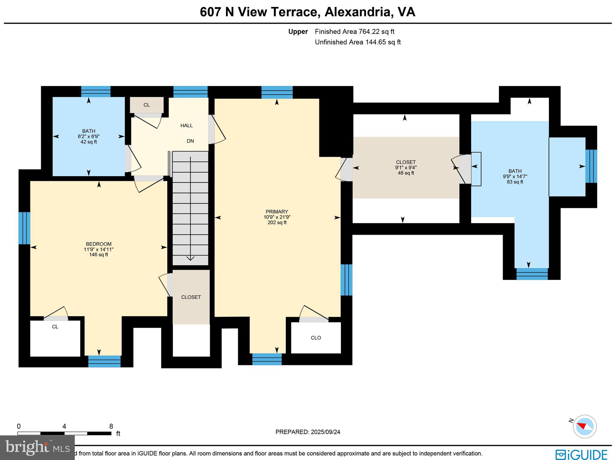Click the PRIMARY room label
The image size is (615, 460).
277,212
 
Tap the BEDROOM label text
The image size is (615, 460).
98,244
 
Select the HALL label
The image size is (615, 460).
186,125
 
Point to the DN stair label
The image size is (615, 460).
190,141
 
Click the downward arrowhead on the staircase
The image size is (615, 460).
190,258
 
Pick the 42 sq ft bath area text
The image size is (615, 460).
89,142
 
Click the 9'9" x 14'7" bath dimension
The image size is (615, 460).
515,176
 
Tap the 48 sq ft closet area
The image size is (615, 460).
406,173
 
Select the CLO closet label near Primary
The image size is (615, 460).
316,338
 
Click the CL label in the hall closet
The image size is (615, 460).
147,105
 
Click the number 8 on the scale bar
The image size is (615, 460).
111,426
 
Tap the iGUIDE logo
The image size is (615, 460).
581,454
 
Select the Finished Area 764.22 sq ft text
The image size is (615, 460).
354,32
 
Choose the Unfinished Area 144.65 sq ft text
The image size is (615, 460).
358,42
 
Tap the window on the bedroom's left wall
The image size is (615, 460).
24,228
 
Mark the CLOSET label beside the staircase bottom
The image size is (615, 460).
191,297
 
